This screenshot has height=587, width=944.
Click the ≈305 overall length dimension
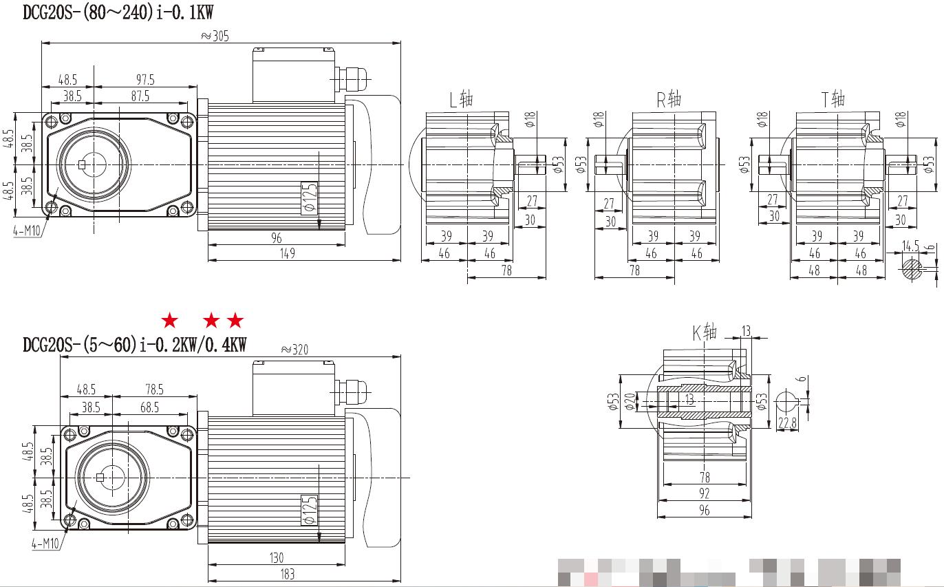coord(214,36)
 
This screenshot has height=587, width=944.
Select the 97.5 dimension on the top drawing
coord(143,80)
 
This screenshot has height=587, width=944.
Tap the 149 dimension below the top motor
coord(288,253)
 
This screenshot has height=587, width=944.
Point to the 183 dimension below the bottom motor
coord(288,573)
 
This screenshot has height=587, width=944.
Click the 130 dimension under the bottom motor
coord(276,557)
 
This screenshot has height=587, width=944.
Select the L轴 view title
coord(461,100)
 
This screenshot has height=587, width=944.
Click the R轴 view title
coord(668,100)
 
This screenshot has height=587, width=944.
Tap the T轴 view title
coord(833,100)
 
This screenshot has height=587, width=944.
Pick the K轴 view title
coord(705,334)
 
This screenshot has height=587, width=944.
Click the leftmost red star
coord(169,321)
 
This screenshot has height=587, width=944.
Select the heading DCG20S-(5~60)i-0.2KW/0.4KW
coord(134,345)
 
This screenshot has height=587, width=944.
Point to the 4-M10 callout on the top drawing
coord(28,232)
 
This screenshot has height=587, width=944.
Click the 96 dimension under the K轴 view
coord(704,510)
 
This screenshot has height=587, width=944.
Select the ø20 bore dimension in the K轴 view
coord(630,401)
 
